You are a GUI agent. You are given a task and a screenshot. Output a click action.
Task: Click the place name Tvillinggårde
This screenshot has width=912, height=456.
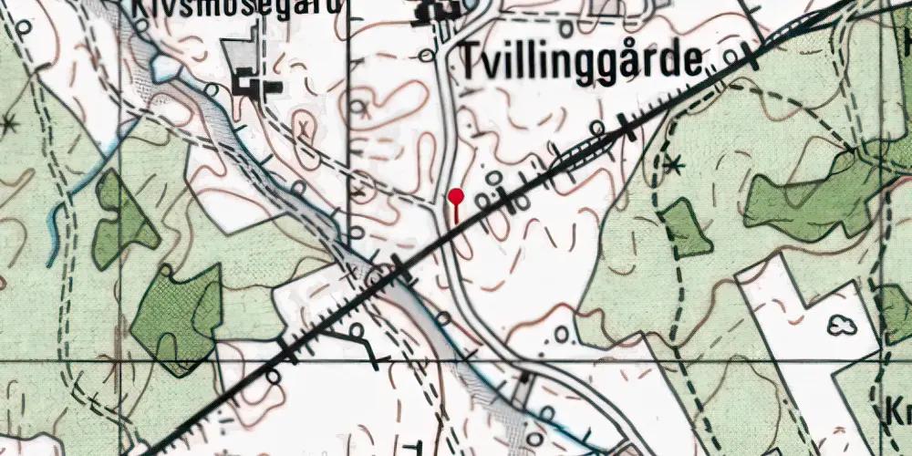[x=582, y=62]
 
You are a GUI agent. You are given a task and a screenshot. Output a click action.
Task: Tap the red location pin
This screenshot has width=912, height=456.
[x=456, y=197]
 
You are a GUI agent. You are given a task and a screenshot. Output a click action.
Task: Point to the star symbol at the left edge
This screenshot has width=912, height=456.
[x=10, y=123]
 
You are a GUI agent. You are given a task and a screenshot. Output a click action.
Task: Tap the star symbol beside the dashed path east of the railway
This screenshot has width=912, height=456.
[x=674, y=165]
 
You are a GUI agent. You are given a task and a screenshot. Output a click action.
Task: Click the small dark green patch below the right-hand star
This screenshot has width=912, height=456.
[x=686, y=228]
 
